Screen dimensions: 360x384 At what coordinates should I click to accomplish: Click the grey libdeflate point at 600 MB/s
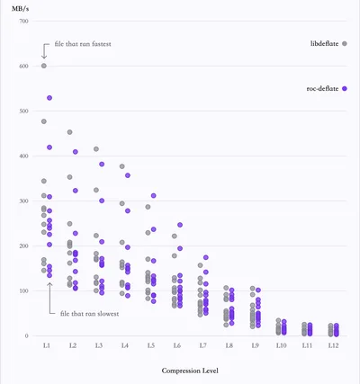pyautogui.click(x=44, y=66)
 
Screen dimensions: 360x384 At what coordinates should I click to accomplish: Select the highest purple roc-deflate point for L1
pyautogui.click(x=49, y=98)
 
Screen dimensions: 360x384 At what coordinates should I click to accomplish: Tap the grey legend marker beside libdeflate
pyautogui.click(x=345, y=44)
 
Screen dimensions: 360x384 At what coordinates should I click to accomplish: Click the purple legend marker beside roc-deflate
pyautogui.click(x=345, y=89)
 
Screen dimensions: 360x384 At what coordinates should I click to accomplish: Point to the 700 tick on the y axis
pyautogui.click(x=24, y=21)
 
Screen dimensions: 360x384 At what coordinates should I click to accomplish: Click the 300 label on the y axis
pyautogui.click(x=24, y=201)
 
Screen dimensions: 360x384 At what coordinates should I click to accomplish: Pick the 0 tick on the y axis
pyautogui.click(x=27, y=335)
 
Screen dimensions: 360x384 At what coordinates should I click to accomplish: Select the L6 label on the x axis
pyautogui.click(x=177, y=345)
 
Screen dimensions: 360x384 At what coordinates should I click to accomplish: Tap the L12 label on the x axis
pyautogui.click(x=333, y=345)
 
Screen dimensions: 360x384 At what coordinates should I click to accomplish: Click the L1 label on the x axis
pyautogui.click(x=46, y=345)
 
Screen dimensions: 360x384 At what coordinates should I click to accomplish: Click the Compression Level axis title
pyautogui.click(x=190, y=371)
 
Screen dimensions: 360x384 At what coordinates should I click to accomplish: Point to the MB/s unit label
pyautogui.click(x=21, y=9)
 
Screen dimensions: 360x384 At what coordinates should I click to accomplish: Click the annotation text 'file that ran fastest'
pyautogui.click(x=83, y=44)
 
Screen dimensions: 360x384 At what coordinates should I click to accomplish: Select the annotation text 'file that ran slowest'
pyautogui.click(x=89, y=314)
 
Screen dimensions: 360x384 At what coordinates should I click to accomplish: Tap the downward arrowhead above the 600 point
pyautogui.click(x=44, y=57)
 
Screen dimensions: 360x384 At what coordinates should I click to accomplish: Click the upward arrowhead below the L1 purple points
pyautogui.click(x=49, y=284)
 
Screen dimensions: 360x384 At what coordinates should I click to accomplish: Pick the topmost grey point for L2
pyautogui.click(x=70, y=132)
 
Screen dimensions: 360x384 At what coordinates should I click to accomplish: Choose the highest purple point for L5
pyautogui.click(x=154, y=196)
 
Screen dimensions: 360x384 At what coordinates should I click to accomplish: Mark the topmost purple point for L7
pyautogui.click(x=206, y=257)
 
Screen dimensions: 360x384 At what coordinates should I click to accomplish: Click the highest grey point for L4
pyautogui.click(x=122, y=166)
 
